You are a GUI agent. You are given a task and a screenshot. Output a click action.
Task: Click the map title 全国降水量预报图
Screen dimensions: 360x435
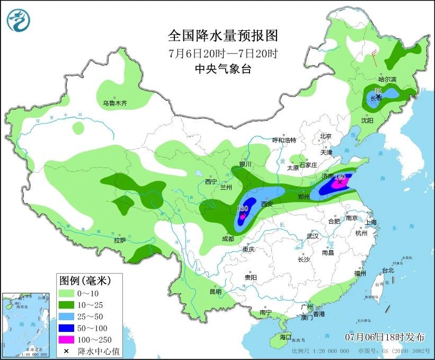pyautogui.click(x=223, y=36)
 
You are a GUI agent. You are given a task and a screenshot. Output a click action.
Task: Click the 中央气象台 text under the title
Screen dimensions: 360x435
pyautogui.click(x=223, y=68)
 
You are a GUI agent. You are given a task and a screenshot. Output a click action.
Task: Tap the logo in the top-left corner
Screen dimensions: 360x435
pyautogui.click(x=19, y=20)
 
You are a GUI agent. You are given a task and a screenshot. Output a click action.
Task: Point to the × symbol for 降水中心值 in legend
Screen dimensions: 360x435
pyautogui.click(x=67, y=350)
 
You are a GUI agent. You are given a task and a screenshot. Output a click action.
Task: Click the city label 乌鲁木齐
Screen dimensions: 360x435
pyautogui.click(x=115, y=103)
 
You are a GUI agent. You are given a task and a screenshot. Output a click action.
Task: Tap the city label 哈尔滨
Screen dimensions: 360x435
pyautogui.click(x=387, y=80)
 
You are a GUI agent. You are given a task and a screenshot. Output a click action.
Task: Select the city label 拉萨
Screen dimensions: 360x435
pyautogui.click(x=120, y=240)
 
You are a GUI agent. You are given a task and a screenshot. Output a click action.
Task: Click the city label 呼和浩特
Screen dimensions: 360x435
pyautogui.click(x=283, y=140)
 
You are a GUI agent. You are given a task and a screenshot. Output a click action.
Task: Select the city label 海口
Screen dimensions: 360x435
pyautogui.click(x=286, y=337)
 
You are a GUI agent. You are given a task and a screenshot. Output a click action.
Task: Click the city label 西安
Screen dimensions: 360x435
pyautogui.click(x=266, y=204)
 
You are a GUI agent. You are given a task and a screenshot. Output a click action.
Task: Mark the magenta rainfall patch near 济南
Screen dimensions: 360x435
pyautogui.click(x=342, y=183)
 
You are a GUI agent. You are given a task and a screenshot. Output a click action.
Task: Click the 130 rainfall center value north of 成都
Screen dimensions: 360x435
pyautogui.click(x=243, y=209)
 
